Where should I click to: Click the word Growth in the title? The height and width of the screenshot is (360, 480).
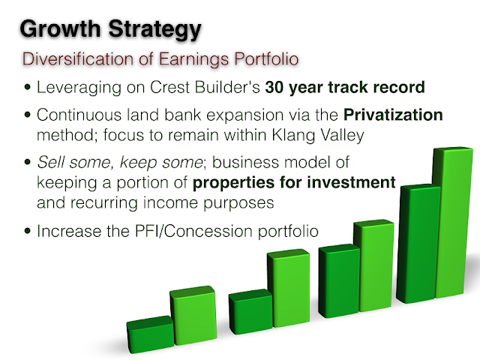coord(60,28)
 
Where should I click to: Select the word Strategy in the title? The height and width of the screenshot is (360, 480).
coord(155,31)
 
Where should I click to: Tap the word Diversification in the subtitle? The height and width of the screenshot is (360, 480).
coord(78,58)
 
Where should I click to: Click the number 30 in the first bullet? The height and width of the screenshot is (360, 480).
coord(274,87)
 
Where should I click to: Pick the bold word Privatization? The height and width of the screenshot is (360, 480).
coord(393,115)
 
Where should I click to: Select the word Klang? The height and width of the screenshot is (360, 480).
coord(293,136)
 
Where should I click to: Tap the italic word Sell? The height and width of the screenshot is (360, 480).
coord(50,162)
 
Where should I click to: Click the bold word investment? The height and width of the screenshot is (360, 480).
coord(351,182)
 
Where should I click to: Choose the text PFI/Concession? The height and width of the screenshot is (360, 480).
coord(193,231)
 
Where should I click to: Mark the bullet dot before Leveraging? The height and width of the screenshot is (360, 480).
coord(28,87)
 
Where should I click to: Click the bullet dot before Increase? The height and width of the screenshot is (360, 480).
coord(28,231)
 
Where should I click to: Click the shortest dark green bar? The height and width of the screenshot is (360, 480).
coord(151,335)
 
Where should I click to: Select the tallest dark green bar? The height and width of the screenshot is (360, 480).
coord(418,244)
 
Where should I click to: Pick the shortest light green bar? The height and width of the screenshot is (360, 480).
coord(193,315)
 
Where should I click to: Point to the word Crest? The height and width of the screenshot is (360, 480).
coord(169,87)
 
